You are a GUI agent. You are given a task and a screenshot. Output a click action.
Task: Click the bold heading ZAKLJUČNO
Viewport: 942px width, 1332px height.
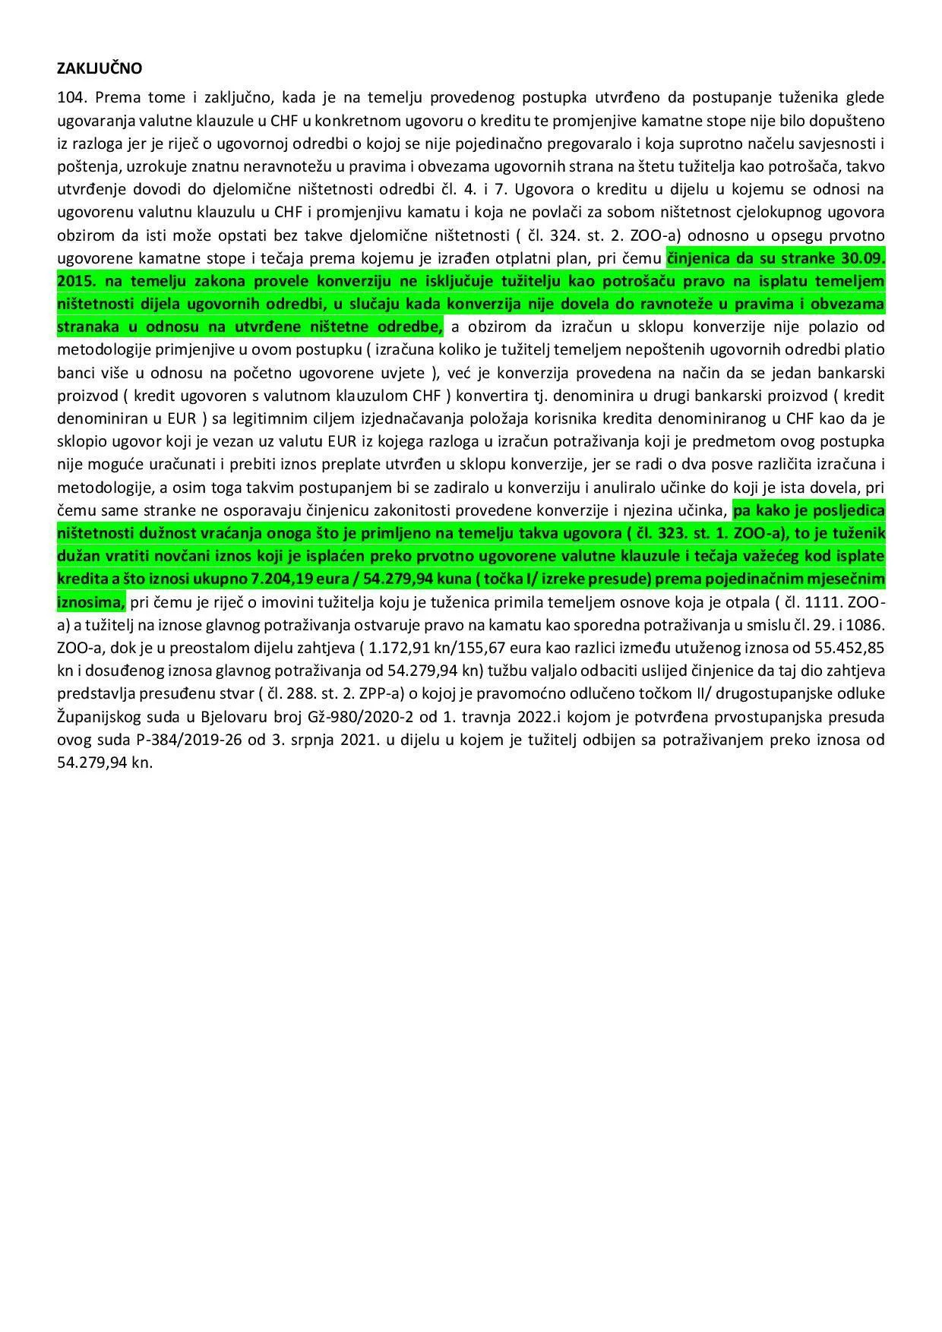[x=100, y=68]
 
